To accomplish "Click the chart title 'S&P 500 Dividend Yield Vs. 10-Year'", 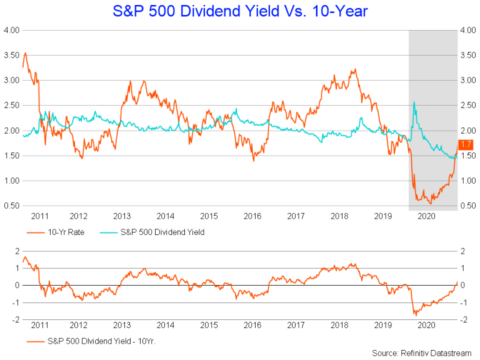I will (x=240, y=11).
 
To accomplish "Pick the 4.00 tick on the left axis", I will (x=12, y=30).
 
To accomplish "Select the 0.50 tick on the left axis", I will (x=12, y=206).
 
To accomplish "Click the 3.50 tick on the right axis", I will (x=469, y=55).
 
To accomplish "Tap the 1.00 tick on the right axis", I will (x=469, y=181).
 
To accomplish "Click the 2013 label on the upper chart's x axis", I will (x=121, y=216).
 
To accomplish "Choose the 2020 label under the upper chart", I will (x=426, y=216).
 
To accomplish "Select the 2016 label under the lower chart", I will (x=252, y=325).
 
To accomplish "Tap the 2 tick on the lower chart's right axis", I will (x=463, y=251).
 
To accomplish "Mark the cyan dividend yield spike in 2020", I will (x=414, y=102).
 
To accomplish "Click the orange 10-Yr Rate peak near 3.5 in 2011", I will (x=24, y=53).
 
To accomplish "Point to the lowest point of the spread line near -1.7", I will (x=415, y=314).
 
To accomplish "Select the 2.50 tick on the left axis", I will (x=12, y=105).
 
